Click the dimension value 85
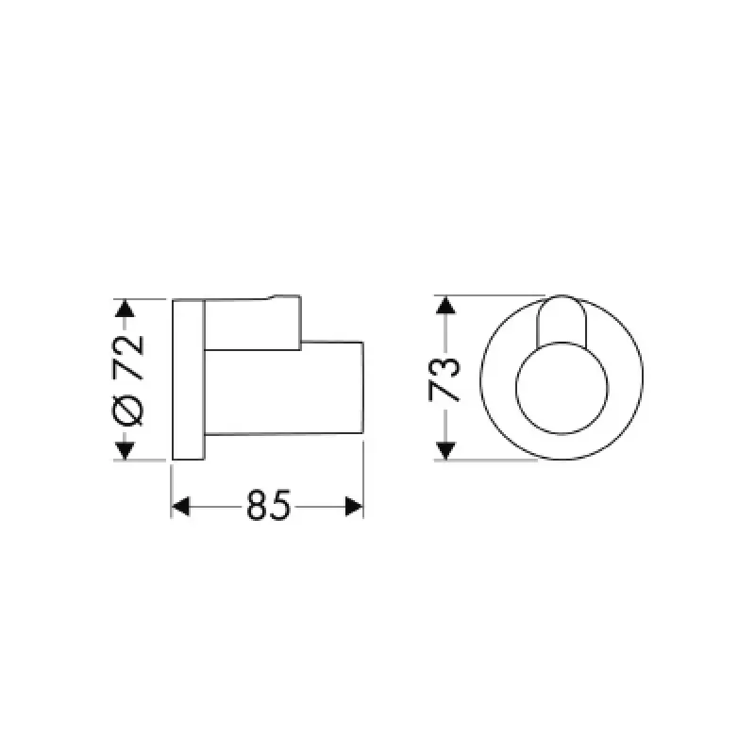pos(268,507)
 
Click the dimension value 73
pos(445,378)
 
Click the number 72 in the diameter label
pos(127,356)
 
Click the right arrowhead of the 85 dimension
pos(354,507)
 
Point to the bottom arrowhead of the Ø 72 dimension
pos(124,450)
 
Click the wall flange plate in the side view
pos(189,380)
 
